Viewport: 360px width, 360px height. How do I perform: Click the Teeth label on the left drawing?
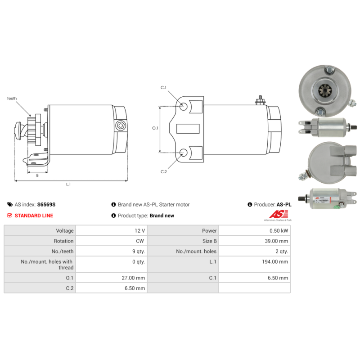point(12,99)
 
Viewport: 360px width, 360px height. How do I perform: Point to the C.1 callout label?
point(163,88)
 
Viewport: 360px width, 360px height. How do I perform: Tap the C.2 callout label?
point(164,172)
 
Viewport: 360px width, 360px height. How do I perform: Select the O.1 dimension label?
point(155,128)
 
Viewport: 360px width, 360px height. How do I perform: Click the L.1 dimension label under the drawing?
point(68,184)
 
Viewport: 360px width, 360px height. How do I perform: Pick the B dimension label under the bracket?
point(37,175)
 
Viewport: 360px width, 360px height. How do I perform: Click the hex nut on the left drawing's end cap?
point(121,126)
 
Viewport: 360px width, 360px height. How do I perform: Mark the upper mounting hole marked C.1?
point(183,106)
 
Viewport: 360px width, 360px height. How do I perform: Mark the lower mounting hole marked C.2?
point(183,153)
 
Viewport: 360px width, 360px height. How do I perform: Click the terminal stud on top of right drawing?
point(260,100)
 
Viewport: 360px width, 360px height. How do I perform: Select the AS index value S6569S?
point(46,205)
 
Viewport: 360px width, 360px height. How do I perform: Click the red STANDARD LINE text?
point(34,216)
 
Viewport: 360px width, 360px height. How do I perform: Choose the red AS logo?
point(279,214)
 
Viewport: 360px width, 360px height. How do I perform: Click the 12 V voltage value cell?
point(111,230)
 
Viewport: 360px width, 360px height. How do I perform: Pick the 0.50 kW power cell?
point(255,230)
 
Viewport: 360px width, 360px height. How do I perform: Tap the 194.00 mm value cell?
point(255,264)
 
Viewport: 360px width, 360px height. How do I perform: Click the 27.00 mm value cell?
point(111,278)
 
